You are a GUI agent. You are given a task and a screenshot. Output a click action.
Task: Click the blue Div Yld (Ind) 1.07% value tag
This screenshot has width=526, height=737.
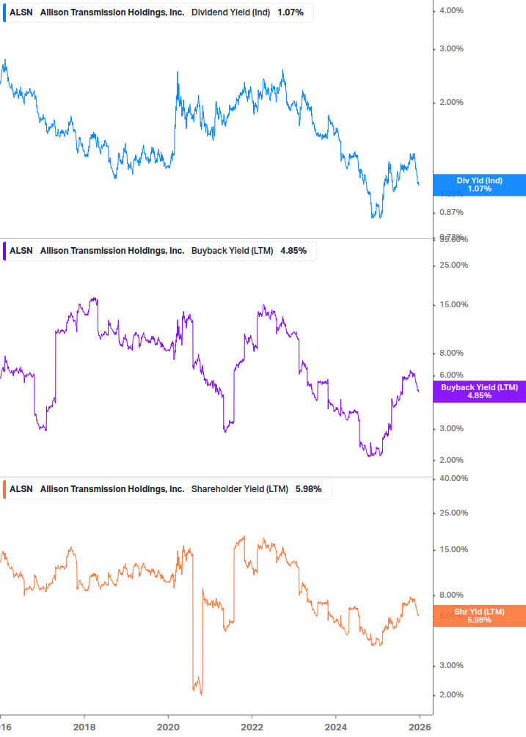[480, 184]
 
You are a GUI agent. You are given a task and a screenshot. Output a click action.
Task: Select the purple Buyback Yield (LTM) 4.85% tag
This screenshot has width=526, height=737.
[480, 391]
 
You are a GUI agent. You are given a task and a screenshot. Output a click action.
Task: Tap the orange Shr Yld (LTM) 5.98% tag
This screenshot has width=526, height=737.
[480, 615]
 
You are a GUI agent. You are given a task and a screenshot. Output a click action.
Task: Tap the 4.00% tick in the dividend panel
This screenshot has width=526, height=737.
[450, 10]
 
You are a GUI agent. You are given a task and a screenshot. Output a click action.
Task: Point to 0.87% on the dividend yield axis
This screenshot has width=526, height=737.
[450, 212]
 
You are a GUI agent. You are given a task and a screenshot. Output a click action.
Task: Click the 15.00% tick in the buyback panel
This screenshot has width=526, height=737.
[453, 304]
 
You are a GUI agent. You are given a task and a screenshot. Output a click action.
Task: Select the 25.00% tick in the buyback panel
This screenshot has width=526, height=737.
[453, 265]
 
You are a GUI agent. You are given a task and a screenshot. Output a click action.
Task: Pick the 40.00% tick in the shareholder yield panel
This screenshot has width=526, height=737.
[453, 478]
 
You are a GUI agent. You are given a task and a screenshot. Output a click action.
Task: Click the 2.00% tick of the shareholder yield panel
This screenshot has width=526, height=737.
[450, 694]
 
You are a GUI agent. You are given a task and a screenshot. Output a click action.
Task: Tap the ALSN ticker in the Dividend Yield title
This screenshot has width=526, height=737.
[21, 12]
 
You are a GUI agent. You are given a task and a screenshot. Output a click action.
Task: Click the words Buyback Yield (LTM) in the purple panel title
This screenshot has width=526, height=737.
[232, 250]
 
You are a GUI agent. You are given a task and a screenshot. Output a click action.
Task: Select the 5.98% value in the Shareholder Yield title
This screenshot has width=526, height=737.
[308, 488]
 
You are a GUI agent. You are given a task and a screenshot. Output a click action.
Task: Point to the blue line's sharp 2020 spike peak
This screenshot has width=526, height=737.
[178, 73]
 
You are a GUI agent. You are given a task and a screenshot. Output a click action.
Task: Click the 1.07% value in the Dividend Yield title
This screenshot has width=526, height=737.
[291, 12]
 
